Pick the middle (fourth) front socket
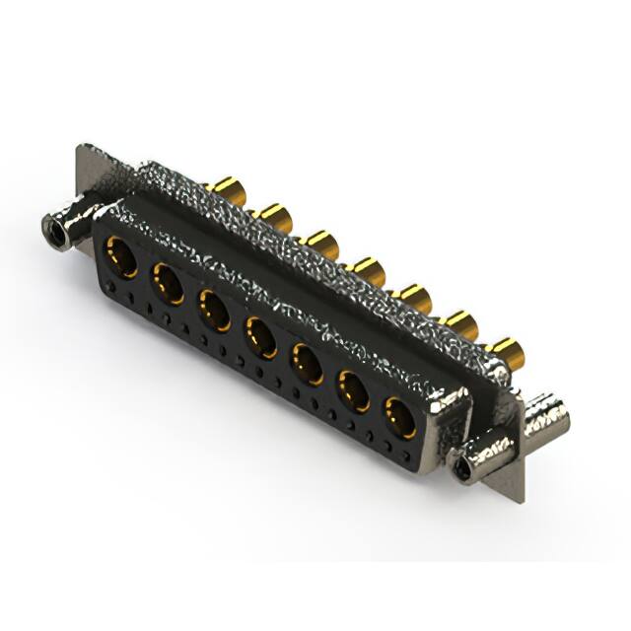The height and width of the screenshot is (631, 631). coord(261,336)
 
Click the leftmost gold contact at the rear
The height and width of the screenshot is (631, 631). coord(229,190)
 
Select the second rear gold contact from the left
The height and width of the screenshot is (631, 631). coord(274,216)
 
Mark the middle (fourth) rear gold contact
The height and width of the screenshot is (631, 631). coord(368,269)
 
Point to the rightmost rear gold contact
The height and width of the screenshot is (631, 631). coord(507,350)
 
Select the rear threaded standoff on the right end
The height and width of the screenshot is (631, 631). coord(546,418)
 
